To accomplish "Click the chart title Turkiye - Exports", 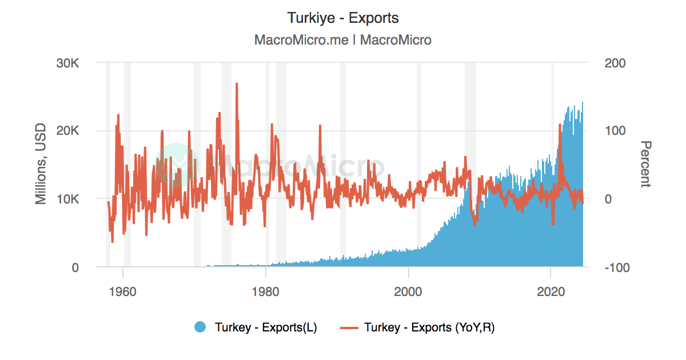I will (343, 18).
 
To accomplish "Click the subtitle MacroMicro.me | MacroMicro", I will (343, 40).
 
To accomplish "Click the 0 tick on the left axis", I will (75, 267).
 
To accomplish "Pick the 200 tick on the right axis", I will (616, 62).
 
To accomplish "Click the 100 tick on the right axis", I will (616, 130).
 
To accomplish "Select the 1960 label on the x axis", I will (122, 290).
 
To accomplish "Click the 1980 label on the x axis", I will (265, 290).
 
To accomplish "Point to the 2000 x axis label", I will (408, 290).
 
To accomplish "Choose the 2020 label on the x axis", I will (551, 290).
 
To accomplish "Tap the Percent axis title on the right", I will (645, 164).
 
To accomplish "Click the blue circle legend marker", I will (200, 327).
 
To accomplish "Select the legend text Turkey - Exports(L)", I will (266, 327).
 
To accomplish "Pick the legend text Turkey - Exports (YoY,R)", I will (429, 327).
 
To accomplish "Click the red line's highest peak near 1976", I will (236, 83).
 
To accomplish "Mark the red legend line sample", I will (349, 327).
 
